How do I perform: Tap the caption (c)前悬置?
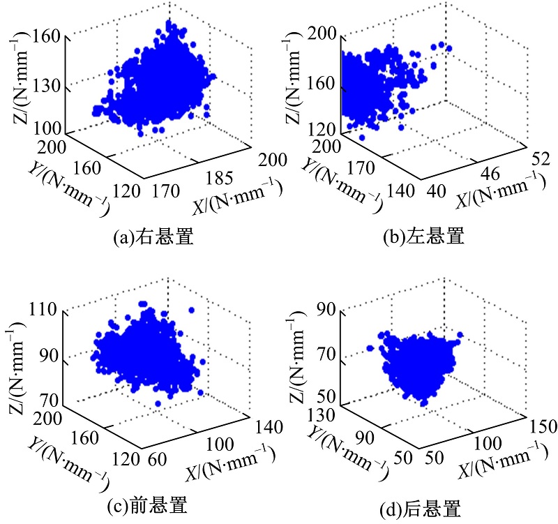tap(147, 504)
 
